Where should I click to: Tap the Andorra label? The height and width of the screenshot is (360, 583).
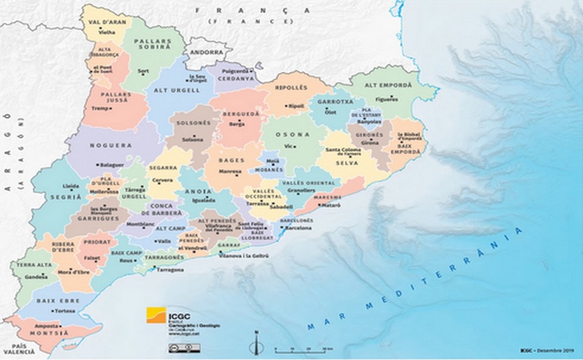pyautogui.click(x=207, y=53)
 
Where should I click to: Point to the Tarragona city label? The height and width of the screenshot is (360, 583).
pyautogui.click(x=170, y=269)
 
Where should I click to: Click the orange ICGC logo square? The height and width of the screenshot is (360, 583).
pyautogui.click(x=154, y=315)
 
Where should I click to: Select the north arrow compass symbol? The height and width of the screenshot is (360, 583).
pyautogui.click(x=257, y=343)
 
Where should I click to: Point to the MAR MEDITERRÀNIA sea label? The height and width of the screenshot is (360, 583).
pyautogui.click(x=413, y=280)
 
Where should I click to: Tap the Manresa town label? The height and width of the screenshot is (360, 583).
pyautogui.click(x=230, y=171)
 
